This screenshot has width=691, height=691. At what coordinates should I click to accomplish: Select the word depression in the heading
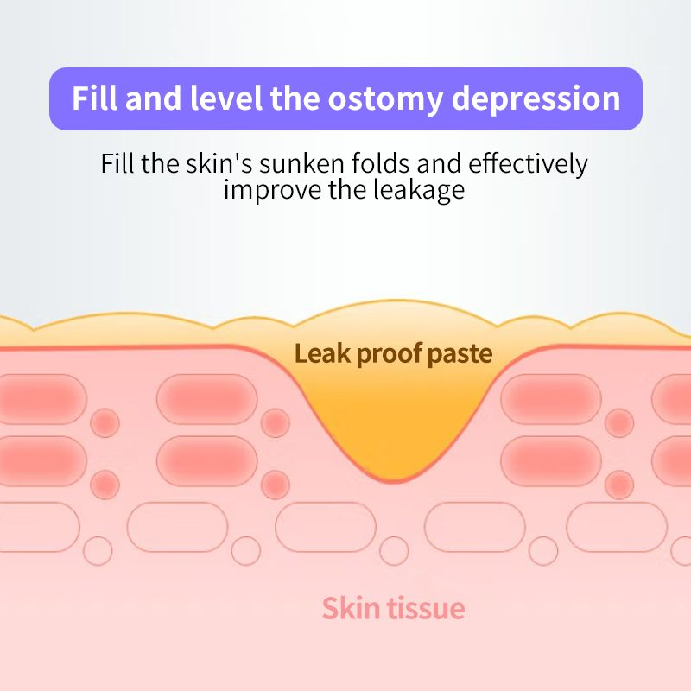[x=536, y=98]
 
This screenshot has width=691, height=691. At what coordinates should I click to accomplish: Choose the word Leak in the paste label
[x=320, y=353]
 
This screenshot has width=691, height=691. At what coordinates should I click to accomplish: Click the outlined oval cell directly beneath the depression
[x=326, y=526]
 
